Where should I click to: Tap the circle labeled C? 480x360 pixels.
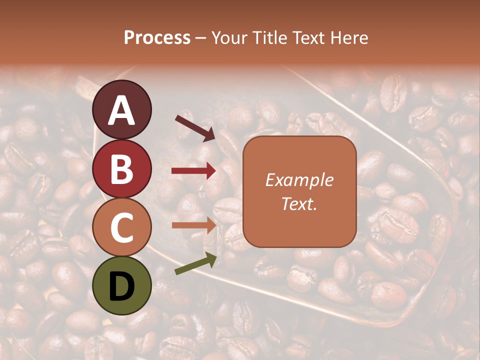[121, 227]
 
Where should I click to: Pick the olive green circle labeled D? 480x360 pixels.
[121, 286]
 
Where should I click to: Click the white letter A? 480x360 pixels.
[121, 110]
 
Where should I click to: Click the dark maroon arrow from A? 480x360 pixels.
[194, 127]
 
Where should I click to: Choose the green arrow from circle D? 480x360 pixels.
[195, 264]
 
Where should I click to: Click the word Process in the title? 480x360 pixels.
[157, 38]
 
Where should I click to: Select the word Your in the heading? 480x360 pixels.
[227, 38]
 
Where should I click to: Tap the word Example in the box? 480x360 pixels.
[299, 180]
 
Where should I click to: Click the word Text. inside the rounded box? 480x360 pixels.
[299, 204]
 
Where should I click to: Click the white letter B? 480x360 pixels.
[121, 168]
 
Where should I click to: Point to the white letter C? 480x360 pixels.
[121, 227]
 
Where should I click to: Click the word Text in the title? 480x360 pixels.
[308, 38]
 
